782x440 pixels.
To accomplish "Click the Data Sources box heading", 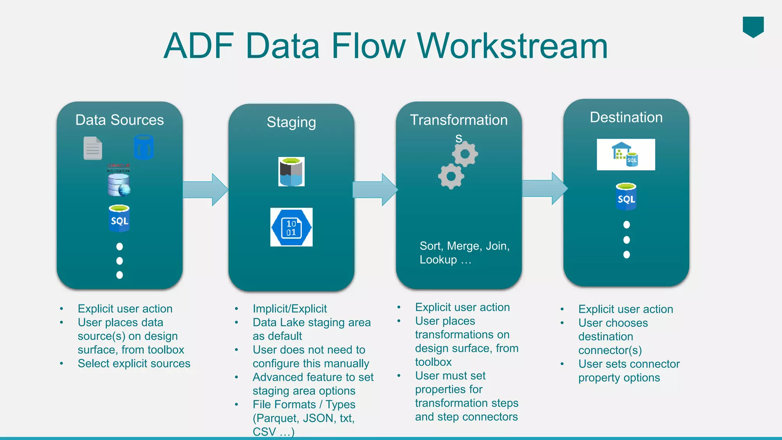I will [x=120, y=120].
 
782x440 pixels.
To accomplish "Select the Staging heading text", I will [x=291, y=122].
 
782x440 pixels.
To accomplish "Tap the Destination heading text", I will [x=626, y=117].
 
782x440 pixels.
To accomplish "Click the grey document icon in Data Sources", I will [x=93, y=148].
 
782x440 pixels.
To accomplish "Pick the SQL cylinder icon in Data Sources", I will [x=119, y=218].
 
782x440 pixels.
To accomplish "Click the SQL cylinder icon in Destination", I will [x=626, y=197].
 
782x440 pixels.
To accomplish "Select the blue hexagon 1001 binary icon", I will [x=291, y=227].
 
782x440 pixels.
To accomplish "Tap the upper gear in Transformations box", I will [x=465, y=154].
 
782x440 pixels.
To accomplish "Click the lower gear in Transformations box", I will [x=451, y=176].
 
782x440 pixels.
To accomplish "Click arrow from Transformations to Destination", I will [x=544, y=188].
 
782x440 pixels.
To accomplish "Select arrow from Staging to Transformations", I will [x=375, y=189].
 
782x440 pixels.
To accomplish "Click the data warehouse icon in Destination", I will [x=626, y=154].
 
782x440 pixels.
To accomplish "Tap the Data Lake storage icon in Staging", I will [x=291, y=172].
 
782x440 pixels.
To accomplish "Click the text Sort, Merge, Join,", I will [x=464, y=246].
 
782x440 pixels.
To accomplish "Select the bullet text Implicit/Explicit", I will [x=289, y=309].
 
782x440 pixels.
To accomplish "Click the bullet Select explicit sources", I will [x=134, y=363].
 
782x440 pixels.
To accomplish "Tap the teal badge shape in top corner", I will [x=753, y=26].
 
